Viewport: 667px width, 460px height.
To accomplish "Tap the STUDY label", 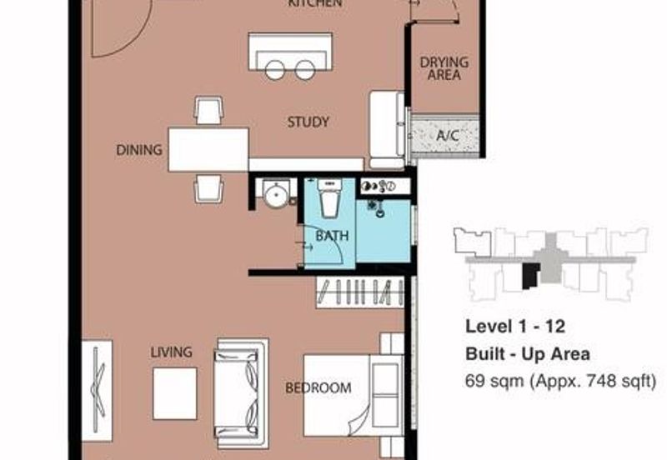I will [308, 122].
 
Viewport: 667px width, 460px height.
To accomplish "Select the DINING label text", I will [138, 150].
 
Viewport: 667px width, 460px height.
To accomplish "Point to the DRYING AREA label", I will [444, 68].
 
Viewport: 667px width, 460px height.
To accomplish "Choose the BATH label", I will [331, 237].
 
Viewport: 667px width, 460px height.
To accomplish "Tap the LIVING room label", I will [171, 352].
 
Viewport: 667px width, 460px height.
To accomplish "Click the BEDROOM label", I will [318, 387].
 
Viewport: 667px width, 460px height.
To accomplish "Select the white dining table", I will [208, 149].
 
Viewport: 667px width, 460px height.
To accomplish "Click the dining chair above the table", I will [208, 110].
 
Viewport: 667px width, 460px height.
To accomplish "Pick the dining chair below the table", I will [208, 188].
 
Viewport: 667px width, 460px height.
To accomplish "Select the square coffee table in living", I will [174, 393].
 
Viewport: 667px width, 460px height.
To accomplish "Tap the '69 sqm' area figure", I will [492, 382].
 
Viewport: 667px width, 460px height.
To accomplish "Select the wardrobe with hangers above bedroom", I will [360, 293].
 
